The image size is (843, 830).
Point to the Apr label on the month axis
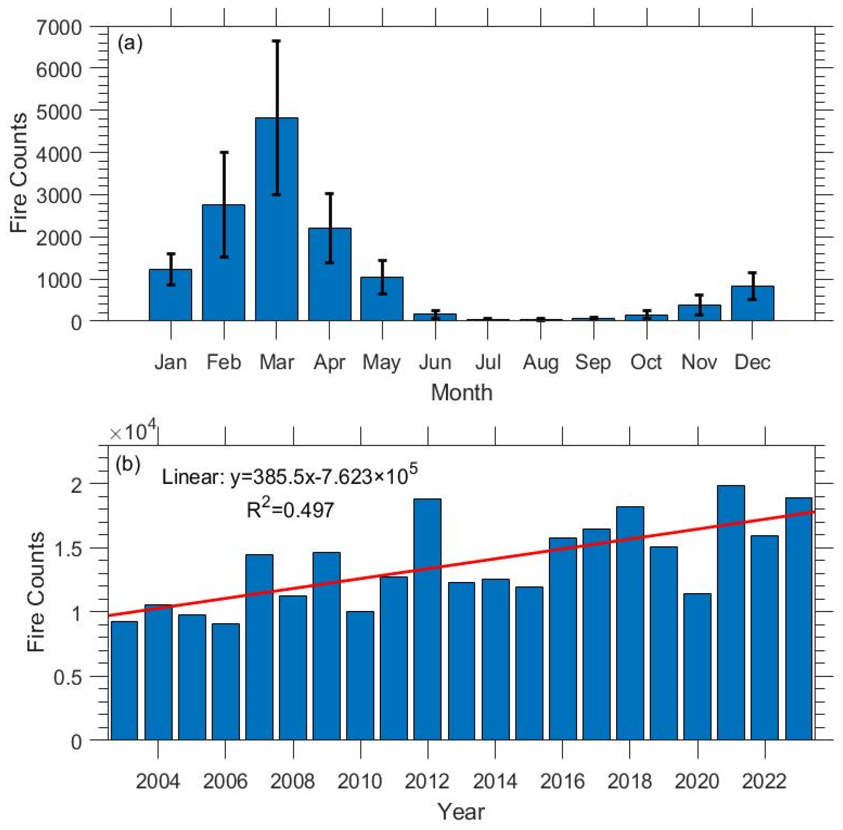(x=329, y=362)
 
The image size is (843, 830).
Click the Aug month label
(x=541, y=362)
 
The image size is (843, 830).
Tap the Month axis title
(x=462, y=392)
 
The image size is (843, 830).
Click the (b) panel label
(x=128, y=465)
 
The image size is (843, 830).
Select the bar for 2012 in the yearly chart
(x=427, y=619)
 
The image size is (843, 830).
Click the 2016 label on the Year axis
(x=562, y=781)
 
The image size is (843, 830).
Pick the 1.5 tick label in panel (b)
(x=70, y=548)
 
